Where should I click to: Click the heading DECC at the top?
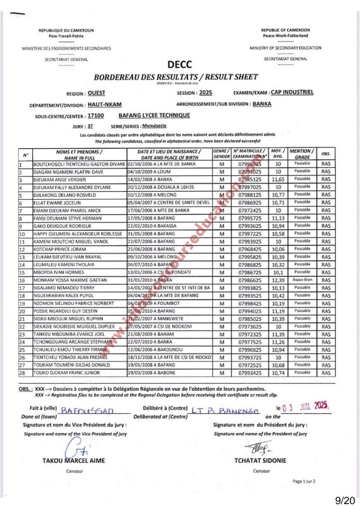click(x=180, y=65)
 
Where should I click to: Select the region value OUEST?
click(x=96, y=93)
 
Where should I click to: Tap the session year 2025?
click(x=205, y=93)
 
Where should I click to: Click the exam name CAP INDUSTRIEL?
click(x=292, y=92)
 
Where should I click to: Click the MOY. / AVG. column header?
click(x=278, y=154)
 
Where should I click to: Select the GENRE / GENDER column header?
click(x=221, y=154)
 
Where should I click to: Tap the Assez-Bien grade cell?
click(x=302, y=280)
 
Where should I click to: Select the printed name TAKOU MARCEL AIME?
click(x=74, y=460)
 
